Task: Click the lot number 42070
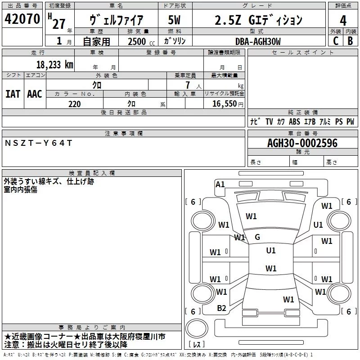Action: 22,19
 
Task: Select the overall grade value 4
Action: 343,21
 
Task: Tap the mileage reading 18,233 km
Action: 54,64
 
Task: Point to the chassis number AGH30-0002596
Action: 302,143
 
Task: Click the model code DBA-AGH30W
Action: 258,41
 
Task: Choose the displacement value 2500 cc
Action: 141,41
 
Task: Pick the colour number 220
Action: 74,104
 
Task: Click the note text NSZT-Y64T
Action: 39,143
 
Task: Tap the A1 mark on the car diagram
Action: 220,184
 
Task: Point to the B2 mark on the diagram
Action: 221,308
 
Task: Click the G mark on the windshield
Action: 257,237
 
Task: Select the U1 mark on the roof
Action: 271,250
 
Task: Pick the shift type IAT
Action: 13,94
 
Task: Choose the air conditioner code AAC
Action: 35,94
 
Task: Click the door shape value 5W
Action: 174,20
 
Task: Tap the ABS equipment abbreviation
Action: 294,121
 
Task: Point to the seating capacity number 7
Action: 188,85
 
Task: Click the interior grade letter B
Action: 350,41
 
